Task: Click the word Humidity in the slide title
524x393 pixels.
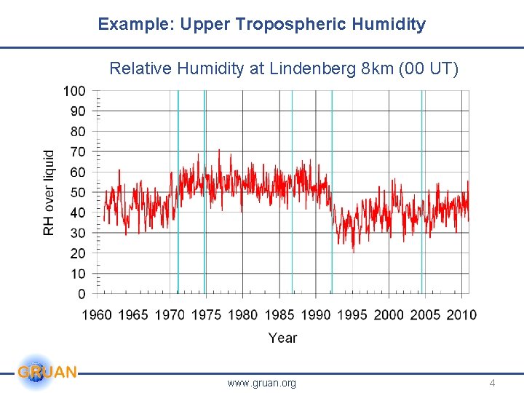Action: pos(389,24)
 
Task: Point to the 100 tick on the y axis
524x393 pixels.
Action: pos(74,91)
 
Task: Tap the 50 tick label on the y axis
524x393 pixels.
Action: pos(77,193)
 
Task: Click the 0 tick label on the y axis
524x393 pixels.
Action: pos(81,294)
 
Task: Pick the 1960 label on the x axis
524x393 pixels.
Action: pos(97,314)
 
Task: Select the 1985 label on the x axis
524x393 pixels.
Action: pos(279,314)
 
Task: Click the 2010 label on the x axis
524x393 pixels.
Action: pos(461,314)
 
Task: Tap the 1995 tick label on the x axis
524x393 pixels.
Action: pos(352,314)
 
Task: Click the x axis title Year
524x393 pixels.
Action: pos(282,338)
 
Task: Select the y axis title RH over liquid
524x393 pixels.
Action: pos(49,193)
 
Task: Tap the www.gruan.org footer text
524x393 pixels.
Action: pos(261,383)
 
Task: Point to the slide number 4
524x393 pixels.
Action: pos(492,383)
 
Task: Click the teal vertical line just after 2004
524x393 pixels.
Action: pos(421,189)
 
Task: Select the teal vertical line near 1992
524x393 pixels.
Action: pos(332,189)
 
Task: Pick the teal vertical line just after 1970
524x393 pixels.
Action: pos(178,189)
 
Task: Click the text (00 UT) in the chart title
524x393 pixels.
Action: pos(434,68)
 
